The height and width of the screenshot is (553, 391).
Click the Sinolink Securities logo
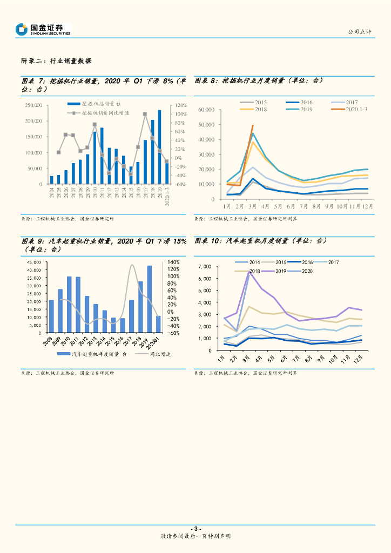click(43, 29)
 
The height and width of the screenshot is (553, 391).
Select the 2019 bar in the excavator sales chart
click(159, 147)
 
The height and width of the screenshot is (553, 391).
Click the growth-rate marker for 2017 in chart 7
click(145, 114)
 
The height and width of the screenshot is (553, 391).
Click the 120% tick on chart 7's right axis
click(180, 106)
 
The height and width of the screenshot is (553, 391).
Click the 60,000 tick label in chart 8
click(206, 110)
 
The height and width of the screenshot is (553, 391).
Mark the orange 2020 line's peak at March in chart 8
click(252, 125)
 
